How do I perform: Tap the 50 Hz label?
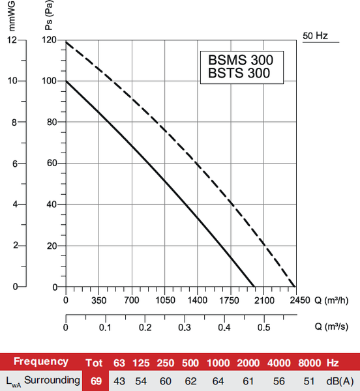[316, 35]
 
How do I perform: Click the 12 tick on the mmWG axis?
[12, 40]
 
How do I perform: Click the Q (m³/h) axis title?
[330, 300]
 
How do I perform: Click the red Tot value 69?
[96, 381]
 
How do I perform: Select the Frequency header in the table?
[41, 362]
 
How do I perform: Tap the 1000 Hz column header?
[219, 362]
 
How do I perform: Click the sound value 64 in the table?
[219, 381]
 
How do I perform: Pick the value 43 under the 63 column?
[119, 381]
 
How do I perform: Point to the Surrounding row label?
[52, 381]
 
